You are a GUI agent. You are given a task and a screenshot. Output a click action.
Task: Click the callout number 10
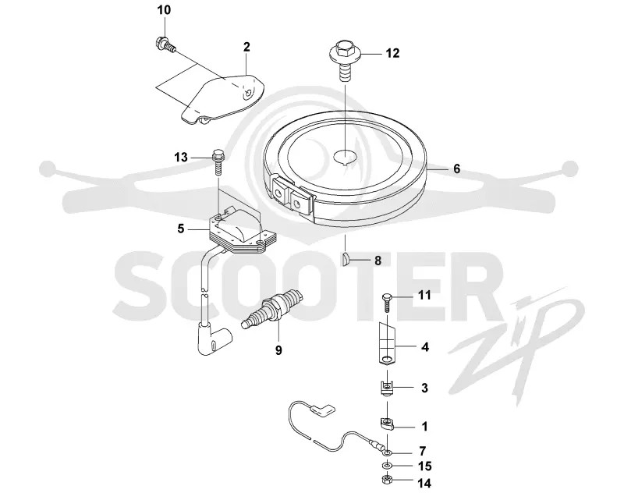[164, 10]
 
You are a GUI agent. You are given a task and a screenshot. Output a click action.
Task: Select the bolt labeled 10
[164, 44]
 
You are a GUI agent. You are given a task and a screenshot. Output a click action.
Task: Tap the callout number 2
[246, 47]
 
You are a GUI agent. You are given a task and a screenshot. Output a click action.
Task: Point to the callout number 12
[392, 53]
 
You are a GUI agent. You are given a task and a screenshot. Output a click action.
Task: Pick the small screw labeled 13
[218, 162]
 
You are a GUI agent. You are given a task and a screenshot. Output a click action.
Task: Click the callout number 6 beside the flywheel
[456, 168]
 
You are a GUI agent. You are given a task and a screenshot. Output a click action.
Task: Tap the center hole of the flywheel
[345, 156]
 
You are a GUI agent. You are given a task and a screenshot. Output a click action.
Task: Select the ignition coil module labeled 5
[241, 232]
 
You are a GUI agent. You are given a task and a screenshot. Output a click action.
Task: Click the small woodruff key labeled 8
[346, 259]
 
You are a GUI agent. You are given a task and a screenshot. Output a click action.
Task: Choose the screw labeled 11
[388, 303]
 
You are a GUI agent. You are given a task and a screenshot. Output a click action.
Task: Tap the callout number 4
[425, 347]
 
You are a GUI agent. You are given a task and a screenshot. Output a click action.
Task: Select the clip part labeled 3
[386, 388]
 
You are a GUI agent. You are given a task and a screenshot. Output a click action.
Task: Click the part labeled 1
[386, 424]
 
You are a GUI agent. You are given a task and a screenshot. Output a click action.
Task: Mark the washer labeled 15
[386, 466]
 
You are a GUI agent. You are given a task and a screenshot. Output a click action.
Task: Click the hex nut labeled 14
[386, 480]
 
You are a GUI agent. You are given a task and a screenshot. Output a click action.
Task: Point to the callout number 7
[423, 451]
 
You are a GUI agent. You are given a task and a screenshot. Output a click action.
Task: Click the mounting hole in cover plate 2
[249, 93]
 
